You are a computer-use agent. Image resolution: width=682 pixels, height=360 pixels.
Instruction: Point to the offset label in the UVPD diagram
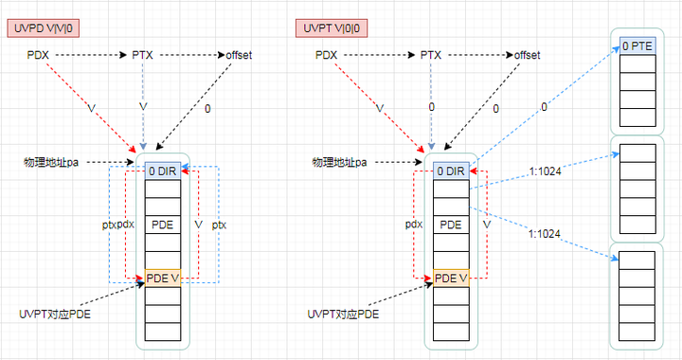(239, 55)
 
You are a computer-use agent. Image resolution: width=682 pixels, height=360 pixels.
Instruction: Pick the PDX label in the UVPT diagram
(327, 55)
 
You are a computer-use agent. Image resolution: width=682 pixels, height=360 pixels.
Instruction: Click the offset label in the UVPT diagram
(527, 55)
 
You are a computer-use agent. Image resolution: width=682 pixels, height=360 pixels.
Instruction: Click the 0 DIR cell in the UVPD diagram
(162, 171)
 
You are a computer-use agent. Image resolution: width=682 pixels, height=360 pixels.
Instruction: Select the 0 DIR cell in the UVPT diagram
(450, 171)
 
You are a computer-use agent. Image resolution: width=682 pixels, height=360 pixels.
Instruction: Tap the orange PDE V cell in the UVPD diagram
(162, 279)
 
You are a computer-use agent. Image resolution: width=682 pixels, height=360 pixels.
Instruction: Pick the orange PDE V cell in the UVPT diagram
(450, 279)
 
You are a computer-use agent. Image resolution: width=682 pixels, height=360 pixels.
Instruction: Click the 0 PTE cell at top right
(635, 45)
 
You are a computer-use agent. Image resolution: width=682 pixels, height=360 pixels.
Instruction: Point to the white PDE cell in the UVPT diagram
(450, 225)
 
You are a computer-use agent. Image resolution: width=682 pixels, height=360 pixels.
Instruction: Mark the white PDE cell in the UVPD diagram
(162, 225)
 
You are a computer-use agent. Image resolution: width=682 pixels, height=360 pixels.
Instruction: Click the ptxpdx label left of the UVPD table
(117, 225)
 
